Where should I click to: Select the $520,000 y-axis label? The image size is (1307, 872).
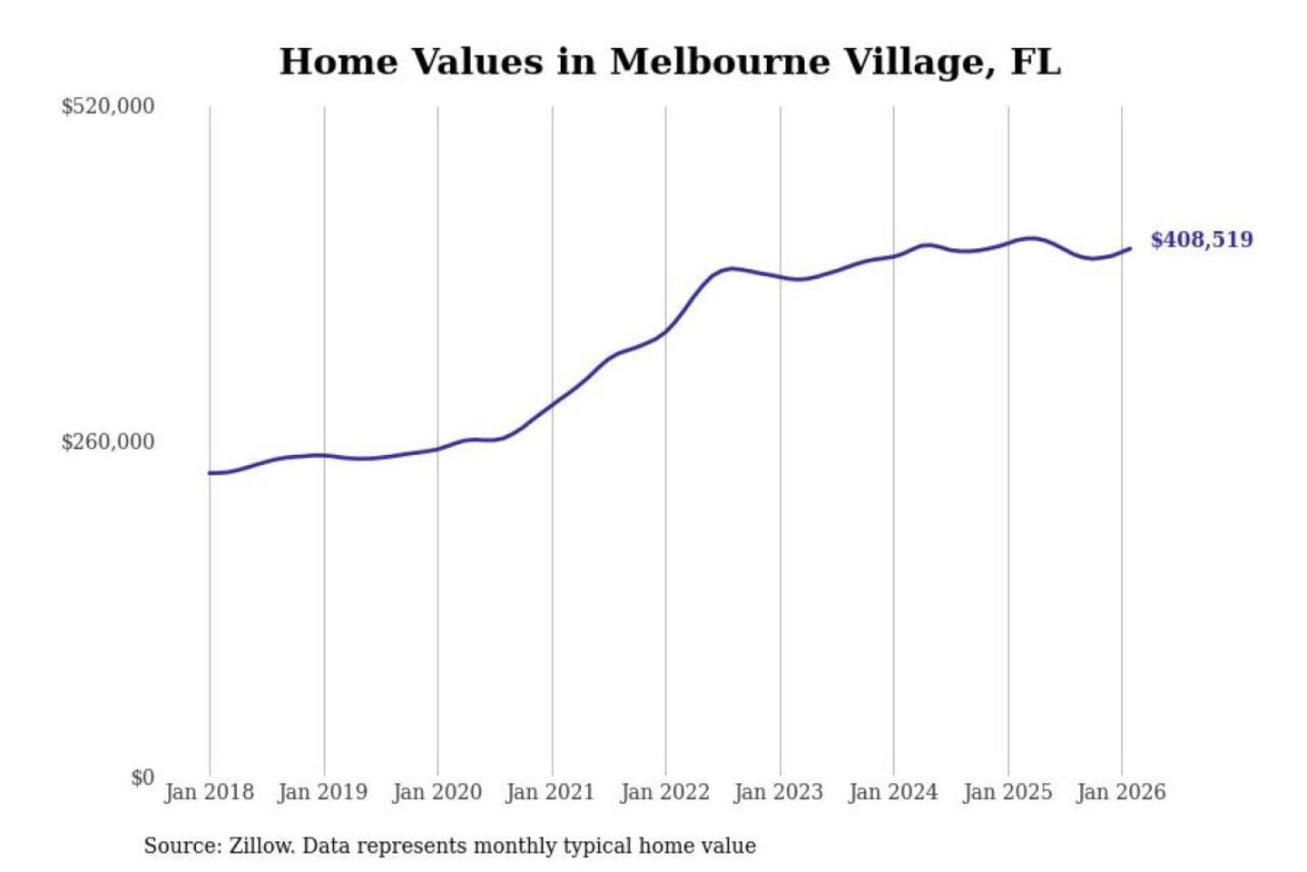click(108, 106)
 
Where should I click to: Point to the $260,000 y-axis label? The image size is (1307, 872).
click(108, 442)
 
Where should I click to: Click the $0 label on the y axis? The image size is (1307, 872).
click(142, 778)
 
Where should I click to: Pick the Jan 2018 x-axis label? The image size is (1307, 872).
click(209, 792)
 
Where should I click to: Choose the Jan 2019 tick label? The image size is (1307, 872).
click(323, 792)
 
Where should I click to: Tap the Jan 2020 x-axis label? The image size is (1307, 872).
click(437, 792)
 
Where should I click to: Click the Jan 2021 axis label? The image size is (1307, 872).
click(550, 792)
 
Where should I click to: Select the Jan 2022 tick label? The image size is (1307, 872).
click(664, 792)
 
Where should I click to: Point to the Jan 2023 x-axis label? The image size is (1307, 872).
click(778, 792)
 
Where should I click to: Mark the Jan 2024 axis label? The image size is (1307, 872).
click(892, 792)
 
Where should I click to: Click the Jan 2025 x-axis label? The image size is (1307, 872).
click(1007, 792)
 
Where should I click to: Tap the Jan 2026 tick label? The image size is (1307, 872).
click(1121, 792)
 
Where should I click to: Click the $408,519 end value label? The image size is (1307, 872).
click(1202, 240)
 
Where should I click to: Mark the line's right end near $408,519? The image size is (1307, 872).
click(1130, 248)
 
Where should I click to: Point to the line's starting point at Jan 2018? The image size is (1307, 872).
click(210, 473)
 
